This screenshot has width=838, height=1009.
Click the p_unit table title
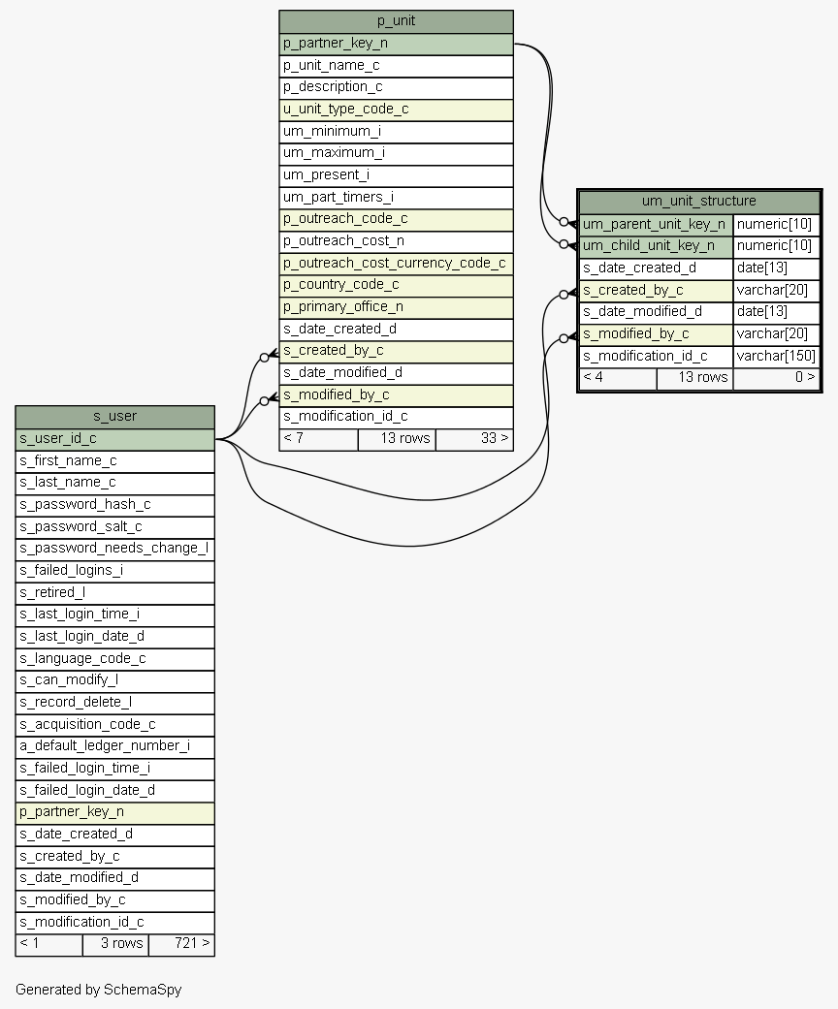396,21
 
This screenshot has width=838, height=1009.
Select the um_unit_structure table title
698,201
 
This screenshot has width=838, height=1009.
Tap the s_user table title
114,416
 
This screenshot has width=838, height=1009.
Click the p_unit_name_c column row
396,66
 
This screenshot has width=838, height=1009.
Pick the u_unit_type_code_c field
396,110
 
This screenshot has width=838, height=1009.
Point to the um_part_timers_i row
396,197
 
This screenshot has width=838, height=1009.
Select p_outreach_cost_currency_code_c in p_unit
396,263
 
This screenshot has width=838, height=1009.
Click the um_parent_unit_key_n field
655,224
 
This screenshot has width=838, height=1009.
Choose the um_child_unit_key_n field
655,245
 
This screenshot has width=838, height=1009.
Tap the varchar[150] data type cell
776,356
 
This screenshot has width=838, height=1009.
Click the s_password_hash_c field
114,504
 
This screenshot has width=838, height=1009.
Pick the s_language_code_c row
114,658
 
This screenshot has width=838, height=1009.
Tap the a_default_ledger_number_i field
114,745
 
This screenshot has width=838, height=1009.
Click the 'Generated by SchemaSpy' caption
98,990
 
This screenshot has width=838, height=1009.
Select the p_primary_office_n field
396,306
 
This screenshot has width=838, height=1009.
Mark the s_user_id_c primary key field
114,438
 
